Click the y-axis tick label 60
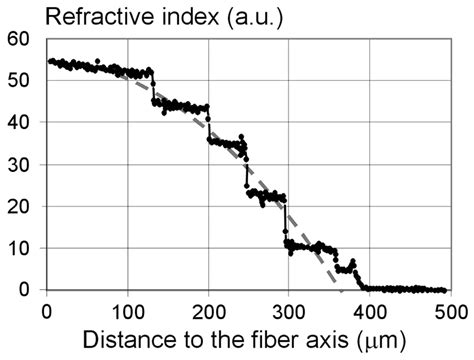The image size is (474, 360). tap(19, 39)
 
